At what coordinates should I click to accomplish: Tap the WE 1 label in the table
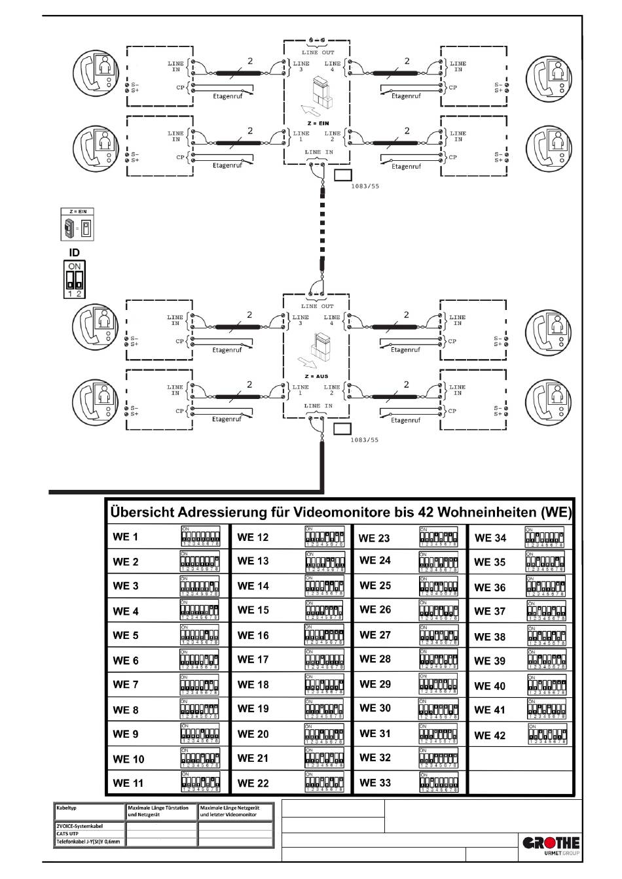(x=126, y=538)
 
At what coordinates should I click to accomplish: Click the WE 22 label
(x=253, y=783)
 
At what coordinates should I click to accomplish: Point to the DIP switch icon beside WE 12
(x=324, y=536)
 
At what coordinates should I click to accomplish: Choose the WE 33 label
(x=375, y=783)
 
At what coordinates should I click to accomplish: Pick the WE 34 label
(x=490, y=538)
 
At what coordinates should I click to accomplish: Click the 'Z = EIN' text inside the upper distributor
(x=318, y=123)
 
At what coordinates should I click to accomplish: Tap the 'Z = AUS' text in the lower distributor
(x=317, y=377)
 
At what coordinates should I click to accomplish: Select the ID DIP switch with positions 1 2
(x=75, y=279)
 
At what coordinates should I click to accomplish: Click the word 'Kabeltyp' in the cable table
(x=67, y=808)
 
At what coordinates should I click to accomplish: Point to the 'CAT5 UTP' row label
(x=68, y=834)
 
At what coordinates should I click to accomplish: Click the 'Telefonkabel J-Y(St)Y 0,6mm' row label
(x=88, y=842)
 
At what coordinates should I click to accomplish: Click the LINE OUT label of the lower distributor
(x=318, y=306)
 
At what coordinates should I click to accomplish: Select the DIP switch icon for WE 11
(x=200, y=782)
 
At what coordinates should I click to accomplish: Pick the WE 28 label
(x=375, y=659)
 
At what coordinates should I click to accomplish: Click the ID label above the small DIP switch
(x=75, y=252)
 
